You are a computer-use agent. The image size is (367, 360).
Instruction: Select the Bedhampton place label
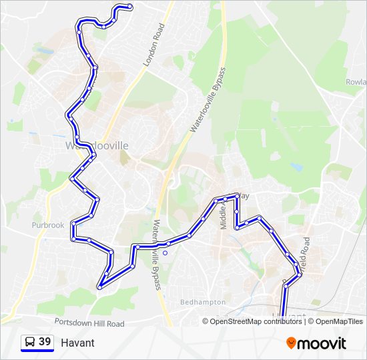(x=204, y=302)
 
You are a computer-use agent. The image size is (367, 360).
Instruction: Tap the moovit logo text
(x=322, y=343)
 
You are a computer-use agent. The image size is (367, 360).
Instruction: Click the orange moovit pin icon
(x=292, y=343)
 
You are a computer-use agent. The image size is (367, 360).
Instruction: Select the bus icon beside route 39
(x=29, y=342)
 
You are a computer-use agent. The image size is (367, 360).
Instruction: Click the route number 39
(x=45, y=342)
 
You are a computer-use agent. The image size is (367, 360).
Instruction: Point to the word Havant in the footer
(x=77, y=343)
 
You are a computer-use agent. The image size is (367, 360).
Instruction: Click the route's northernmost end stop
(x=129, y=7)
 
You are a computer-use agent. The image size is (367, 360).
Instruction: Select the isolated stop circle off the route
(x=165, y=253)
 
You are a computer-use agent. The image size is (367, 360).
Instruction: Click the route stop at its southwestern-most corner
(x=99, y=287)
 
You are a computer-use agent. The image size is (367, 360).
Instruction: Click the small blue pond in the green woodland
(x=296, y=168)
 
